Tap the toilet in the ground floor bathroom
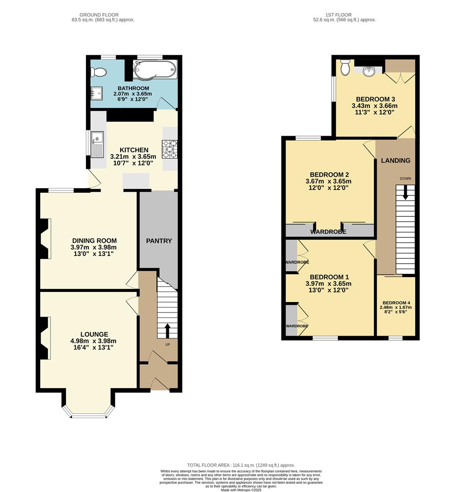coord(98,72)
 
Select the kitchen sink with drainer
coord(97,144)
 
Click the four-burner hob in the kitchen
coord(169,149)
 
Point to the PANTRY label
coord(158,241)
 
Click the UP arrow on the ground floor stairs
coord(167,330)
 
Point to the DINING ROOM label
coord(94,241)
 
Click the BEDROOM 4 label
coord(396,303)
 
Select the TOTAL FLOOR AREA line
coord(241,465)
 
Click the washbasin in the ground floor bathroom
coord(96,93)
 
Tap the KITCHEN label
coord(134,150)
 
